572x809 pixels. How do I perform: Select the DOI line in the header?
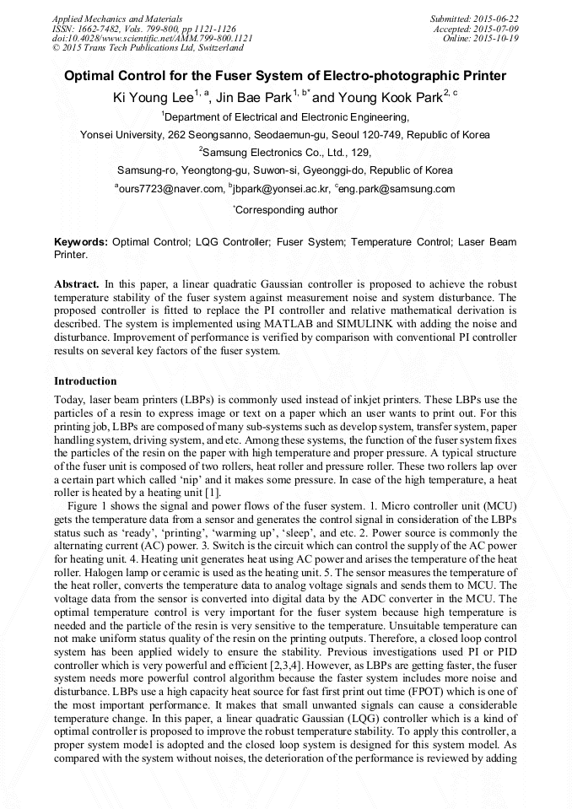(x=152, y=38)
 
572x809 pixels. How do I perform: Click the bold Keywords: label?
(x=81, y=242)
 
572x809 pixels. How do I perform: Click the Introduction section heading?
(x=85, y=381)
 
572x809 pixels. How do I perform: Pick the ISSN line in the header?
(x=143, y=28)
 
